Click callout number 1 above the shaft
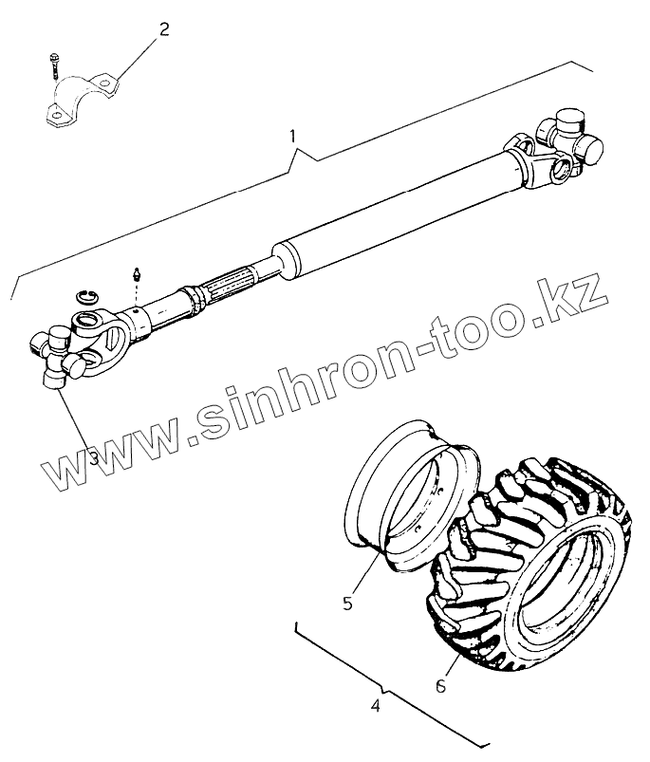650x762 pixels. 293,137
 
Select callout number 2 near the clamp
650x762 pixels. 164,28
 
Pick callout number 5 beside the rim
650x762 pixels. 347,603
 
